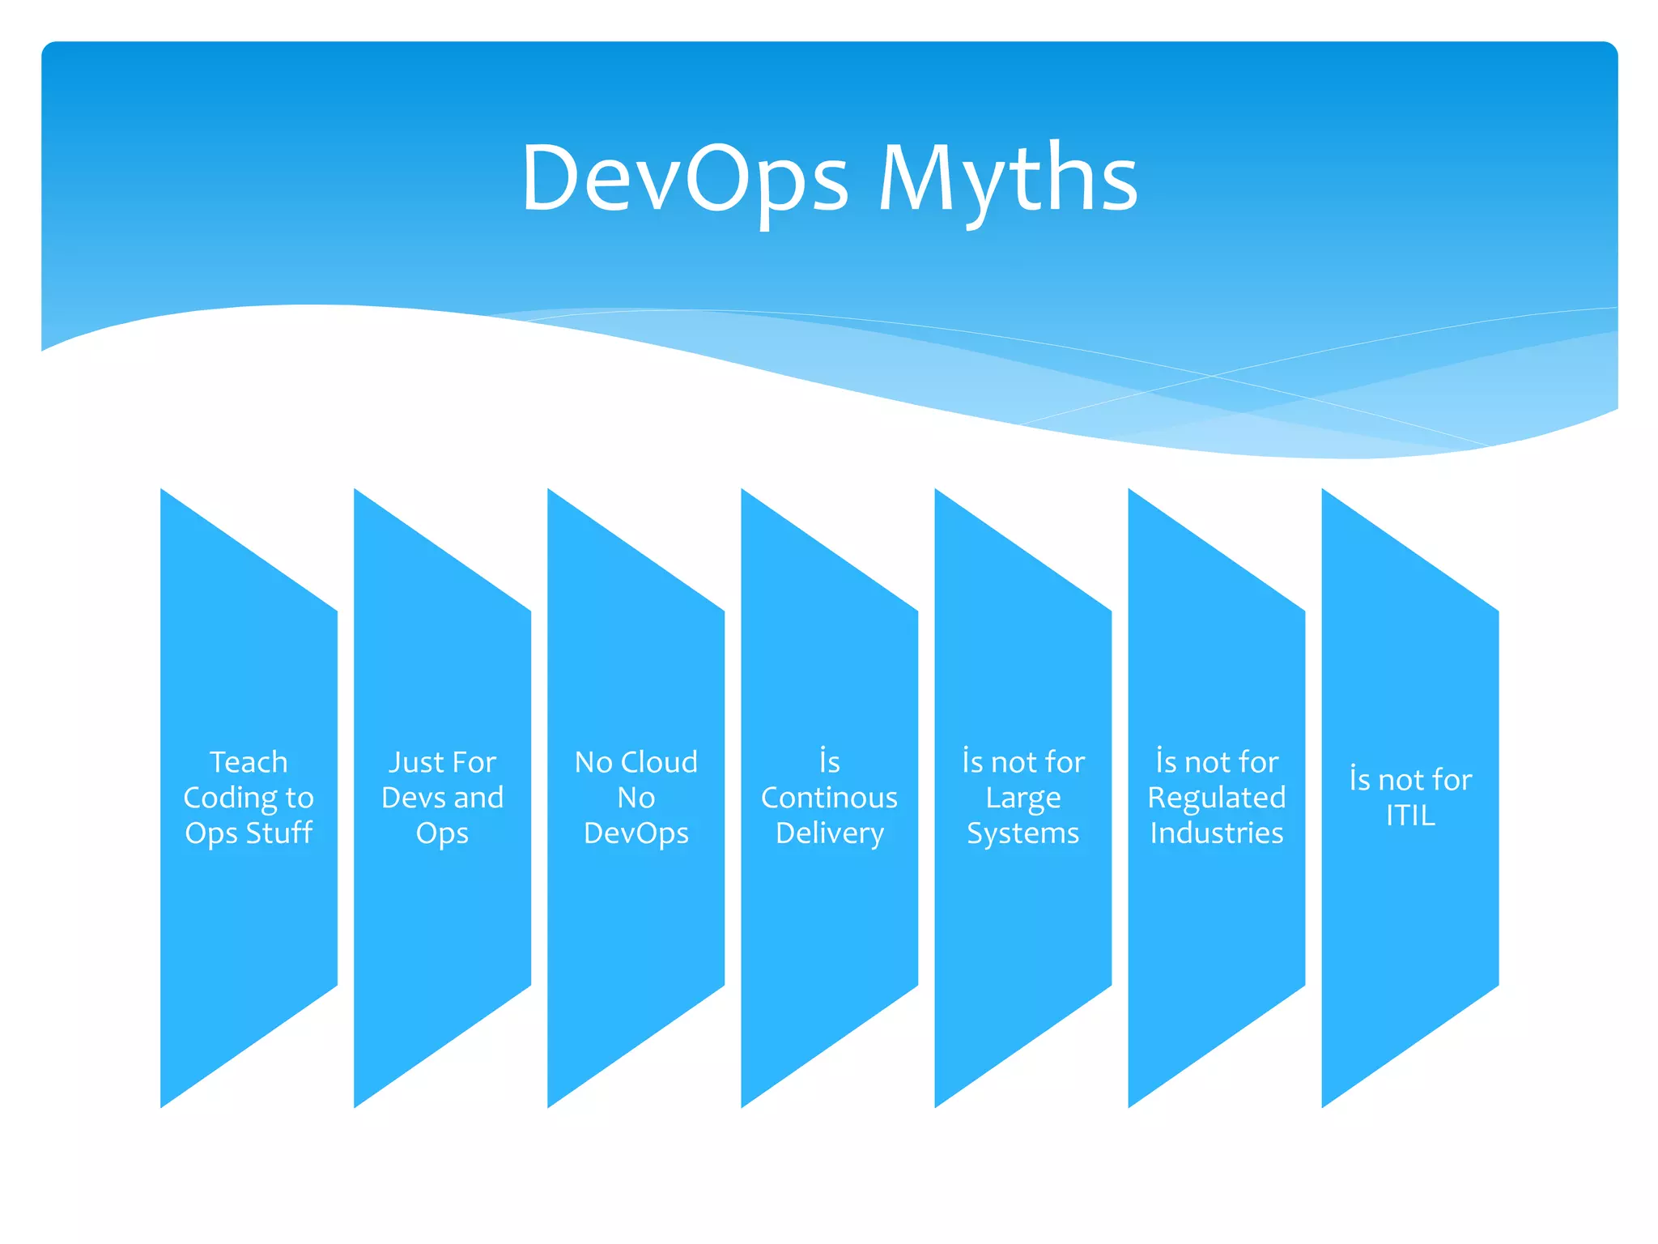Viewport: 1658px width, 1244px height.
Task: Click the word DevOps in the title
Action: (685, 178)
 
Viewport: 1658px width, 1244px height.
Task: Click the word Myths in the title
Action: (1008, 178)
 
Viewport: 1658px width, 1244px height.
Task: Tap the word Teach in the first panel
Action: (249, 762)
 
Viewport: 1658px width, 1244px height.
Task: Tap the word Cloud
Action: (659, 762)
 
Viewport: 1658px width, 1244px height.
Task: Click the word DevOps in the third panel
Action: (636, 833)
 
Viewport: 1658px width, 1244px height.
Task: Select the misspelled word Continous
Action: (829, 798)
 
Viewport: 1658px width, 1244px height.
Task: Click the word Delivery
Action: (829, 833)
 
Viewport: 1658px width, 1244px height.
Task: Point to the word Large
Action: (1022, 799)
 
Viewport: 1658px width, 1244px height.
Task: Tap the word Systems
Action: (1022, 833)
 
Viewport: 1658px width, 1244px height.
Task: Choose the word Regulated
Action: (1216, 799)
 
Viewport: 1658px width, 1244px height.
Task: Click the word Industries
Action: (1216, 833)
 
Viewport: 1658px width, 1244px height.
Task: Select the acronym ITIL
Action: (1409, 816)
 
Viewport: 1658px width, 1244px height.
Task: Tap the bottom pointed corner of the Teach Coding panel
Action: (164, 1101)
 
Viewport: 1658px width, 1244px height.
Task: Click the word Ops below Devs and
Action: (442, 833)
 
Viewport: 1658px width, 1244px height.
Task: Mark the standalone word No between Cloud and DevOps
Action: (636, 798)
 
